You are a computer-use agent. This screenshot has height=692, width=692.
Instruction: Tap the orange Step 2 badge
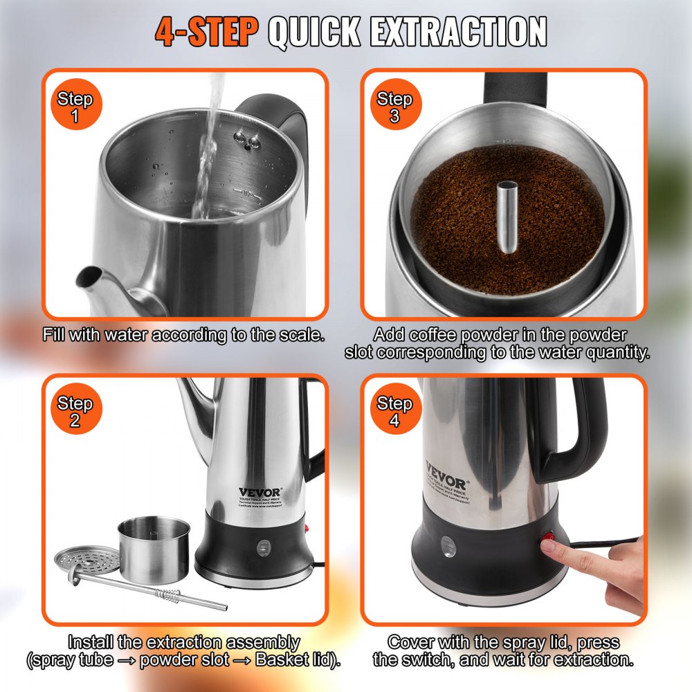pyautogui.click(x=75, y=412)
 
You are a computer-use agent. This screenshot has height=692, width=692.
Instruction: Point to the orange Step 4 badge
pyautogui.click(x=394, y=412)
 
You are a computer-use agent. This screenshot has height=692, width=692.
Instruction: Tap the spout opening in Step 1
pyautogui.click(x=89, y=277)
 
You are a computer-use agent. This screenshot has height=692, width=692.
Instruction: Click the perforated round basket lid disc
pyautogui.click(x=87, y=557)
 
